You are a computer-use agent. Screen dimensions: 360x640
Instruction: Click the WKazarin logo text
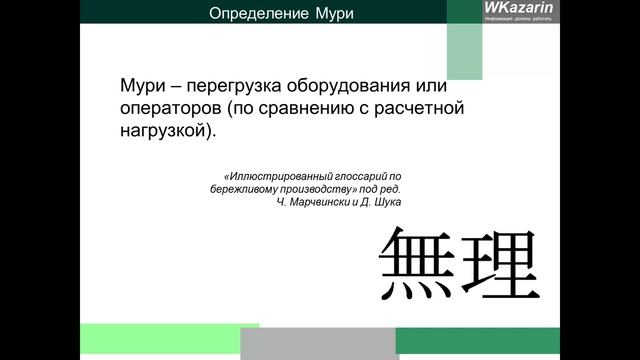point(511,9)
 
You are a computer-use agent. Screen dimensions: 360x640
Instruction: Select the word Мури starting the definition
point(141,84)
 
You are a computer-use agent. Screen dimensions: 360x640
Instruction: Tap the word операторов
point(171,107)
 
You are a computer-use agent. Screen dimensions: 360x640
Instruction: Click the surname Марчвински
point(325,201)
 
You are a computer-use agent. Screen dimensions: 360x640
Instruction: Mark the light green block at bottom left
point(169,340)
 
